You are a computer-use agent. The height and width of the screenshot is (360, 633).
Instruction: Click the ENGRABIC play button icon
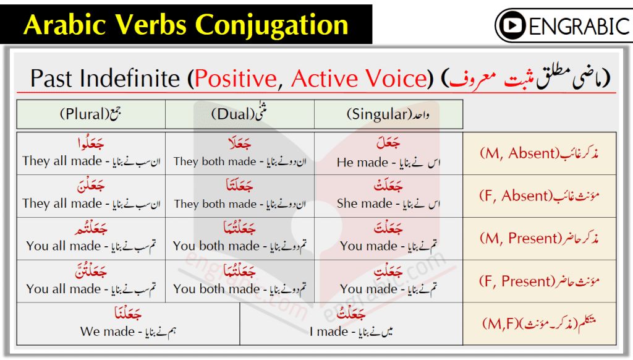(x=512, y=25)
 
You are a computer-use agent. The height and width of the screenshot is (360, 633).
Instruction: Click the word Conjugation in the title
(x=272, y=25)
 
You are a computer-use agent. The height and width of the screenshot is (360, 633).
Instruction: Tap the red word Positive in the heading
(x=236, y=78)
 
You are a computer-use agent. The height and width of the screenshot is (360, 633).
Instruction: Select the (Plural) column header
(x=91, y=114)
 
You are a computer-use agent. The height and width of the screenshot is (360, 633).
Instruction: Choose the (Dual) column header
(x=240, y=114)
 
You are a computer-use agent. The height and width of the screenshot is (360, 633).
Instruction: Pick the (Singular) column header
(x=388, y=114)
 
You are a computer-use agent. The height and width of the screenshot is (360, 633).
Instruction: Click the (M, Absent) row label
(x=539, y=153)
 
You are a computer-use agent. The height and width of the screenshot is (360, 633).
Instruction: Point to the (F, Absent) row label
(x=539, y=196)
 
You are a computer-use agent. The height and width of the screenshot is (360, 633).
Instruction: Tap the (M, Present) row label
(x=539, y=238)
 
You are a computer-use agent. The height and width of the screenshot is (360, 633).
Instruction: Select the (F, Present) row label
(x=539, y=281)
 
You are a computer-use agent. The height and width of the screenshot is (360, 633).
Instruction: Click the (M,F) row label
(x=539, y=324)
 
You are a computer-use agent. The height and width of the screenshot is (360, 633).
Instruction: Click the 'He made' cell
(x=388, y=153)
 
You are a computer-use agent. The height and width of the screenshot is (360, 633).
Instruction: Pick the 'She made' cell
(x=388, y=196)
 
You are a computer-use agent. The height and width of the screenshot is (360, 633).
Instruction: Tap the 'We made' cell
(x=129, y=324)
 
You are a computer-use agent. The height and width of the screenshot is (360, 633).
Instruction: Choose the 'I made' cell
(x=351, y=324)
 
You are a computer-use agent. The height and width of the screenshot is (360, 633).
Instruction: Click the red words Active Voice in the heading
(x=359, y=78)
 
